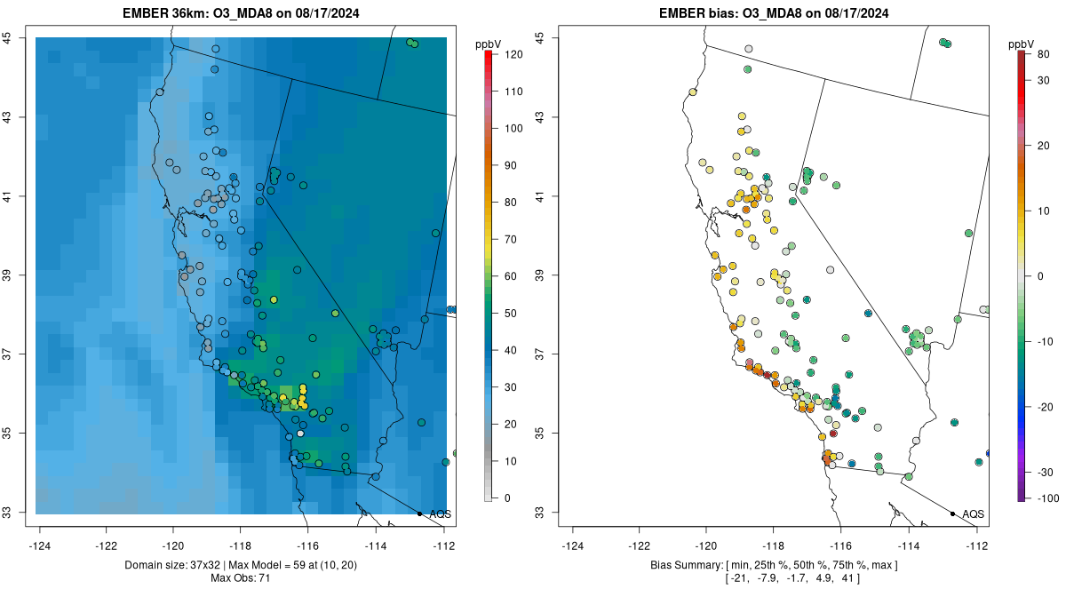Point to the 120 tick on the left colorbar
pos(513,54)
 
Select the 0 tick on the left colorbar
pos(507,497)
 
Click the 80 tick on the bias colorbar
pos(1043,54)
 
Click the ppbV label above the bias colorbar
pos(1022,44)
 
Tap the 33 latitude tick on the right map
pos(540,513)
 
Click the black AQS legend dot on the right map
pos(952,513)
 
